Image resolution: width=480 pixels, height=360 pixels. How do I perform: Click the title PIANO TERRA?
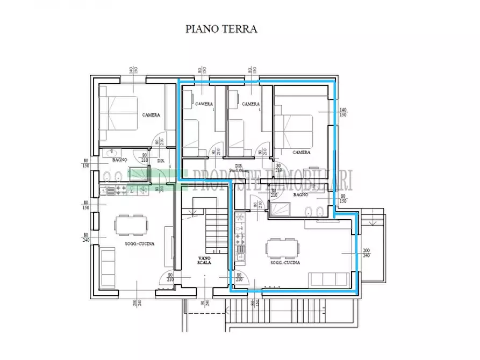(221, 28)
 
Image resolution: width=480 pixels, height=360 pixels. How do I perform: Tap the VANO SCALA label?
(203, 261)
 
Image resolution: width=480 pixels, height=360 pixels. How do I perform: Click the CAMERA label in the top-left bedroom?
(151, 115)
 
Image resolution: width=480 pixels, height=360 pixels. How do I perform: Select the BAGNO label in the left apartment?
(119, 160)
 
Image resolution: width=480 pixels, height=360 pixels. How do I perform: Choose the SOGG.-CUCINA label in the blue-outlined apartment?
(285, 263)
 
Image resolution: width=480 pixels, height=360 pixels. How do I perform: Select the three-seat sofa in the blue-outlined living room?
(329, 278)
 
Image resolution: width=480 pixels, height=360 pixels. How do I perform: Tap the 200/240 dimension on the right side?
(367, 253)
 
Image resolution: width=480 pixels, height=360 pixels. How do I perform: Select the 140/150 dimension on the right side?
(342, 112)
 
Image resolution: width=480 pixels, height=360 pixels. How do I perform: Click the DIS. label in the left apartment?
(160, 161)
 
